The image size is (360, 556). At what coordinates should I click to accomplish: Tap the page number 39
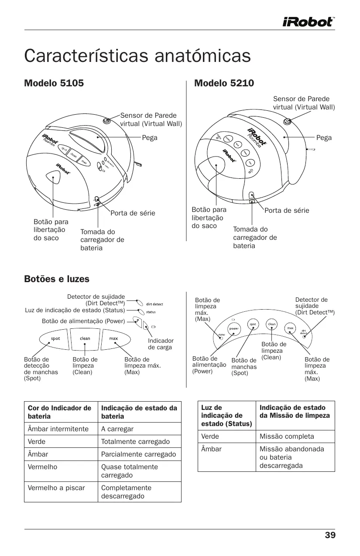tap(330, 536)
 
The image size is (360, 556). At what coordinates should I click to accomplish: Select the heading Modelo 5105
tap(54, 83)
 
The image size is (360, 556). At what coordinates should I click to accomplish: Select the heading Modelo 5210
tap(224, 83)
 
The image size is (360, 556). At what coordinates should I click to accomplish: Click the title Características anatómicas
tap(137, 56)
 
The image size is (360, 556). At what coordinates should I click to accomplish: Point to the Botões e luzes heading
tap(57, 279)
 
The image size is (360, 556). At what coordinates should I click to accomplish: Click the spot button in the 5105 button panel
tap(55, 338)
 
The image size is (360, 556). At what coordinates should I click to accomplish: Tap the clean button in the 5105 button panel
tap(85, 338)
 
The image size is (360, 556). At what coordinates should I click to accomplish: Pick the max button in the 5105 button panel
tap(113, 338)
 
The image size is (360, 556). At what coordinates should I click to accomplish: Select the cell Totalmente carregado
tap(135, 441)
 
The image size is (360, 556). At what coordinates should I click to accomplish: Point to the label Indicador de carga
tap(161, 344)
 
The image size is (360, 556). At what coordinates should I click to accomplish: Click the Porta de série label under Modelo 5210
tap(287, 211)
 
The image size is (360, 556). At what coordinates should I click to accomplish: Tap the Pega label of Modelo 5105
tap(150, 137)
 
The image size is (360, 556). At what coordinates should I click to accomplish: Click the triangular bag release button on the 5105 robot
tap(53, 177)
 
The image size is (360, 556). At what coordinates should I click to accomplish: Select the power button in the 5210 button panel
tap(234, 328)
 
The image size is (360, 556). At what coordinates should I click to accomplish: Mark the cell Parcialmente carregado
tap(138, 454)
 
